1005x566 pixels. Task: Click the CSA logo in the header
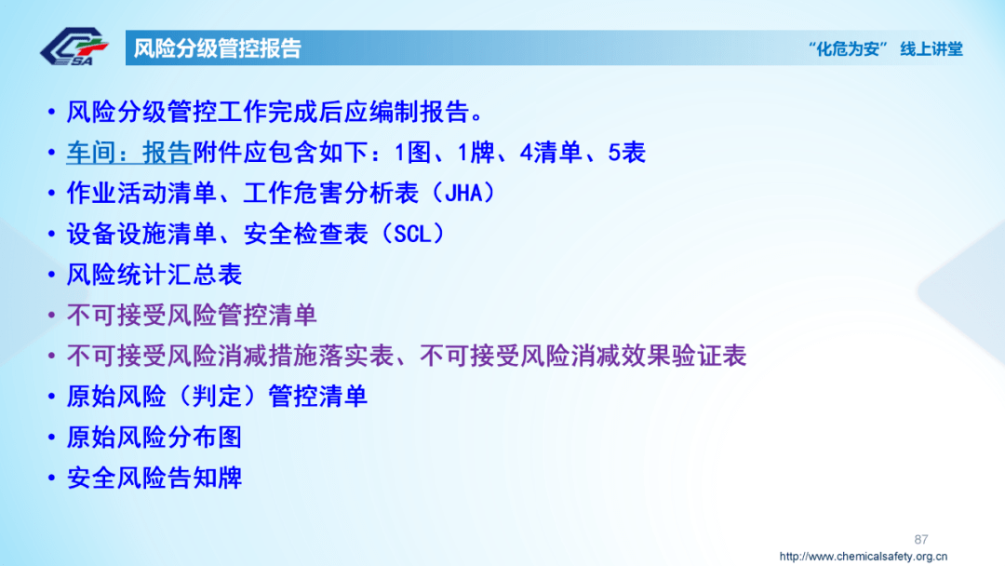tap(74, 47)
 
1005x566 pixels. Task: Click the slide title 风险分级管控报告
tap(218, 48)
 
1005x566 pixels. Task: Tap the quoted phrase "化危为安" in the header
tap(850, 49)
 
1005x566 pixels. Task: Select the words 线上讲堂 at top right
tap(931, 49)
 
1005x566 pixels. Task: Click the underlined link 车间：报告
tap(128, 153)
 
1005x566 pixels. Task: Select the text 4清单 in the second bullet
tap(551, 153)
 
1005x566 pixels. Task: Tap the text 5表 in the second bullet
tap(627, 153)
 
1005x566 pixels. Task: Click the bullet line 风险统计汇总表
tap(154, 275)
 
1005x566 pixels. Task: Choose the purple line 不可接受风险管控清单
tap(192, 315)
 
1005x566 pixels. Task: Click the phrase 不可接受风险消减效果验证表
tap(583, 356)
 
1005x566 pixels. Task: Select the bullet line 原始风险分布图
tap(154, 437)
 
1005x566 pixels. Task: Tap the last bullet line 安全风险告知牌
tap(154, 478)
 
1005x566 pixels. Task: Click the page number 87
tap(921, 539)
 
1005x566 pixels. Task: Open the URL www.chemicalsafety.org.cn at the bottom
tap(863, 557)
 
